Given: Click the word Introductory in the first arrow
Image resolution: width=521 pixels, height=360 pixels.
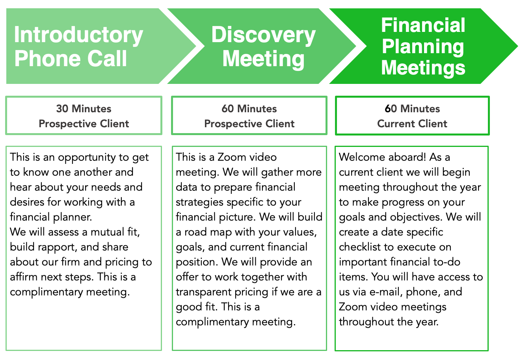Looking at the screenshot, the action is click(78, 35).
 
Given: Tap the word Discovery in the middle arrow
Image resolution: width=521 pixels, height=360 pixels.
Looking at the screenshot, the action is click(263, 35).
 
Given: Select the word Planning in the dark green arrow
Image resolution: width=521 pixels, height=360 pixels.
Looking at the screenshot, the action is click(423, 47).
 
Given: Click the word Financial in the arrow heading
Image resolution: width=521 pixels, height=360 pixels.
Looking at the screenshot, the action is click(423, 26).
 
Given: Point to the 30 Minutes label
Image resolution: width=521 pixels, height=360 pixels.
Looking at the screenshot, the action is click(84, 109).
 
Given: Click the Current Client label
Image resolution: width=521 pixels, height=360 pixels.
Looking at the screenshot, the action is click(412, 124).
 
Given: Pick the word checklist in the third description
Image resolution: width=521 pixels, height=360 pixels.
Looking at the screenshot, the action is click(360, 247).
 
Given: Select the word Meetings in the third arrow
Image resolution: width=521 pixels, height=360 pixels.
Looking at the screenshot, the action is click(423, 68).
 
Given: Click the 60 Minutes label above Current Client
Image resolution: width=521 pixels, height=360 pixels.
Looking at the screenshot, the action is click(412, 109).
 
